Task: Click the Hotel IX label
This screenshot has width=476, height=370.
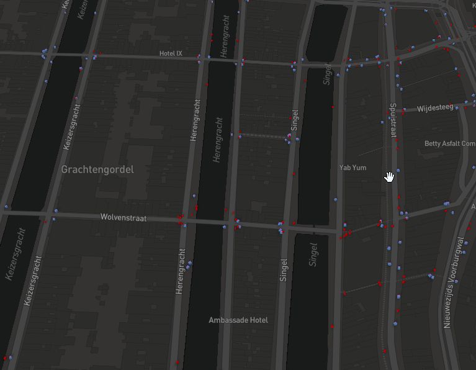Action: (171, 53)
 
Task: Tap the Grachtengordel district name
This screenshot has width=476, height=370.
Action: (97, 169)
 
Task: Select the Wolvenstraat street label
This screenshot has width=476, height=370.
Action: (123, 218)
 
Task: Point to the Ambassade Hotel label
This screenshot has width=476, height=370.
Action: (238, 320)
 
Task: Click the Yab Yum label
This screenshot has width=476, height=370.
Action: (353, 168)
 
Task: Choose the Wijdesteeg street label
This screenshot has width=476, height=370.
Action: (435, 109)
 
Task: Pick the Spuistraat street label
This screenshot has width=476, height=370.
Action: (392, 121)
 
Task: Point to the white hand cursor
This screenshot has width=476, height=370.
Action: (389, 177)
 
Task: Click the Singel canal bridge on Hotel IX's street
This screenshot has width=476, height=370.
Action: (319, 63)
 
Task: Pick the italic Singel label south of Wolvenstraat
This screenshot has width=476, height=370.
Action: (313, 255)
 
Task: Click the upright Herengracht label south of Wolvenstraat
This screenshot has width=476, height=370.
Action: (181, 271)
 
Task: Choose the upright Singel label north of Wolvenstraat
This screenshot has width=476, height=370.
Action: (295, 124)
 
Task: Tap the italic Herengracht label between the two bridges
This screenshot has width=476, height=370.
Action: (217, 139)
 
